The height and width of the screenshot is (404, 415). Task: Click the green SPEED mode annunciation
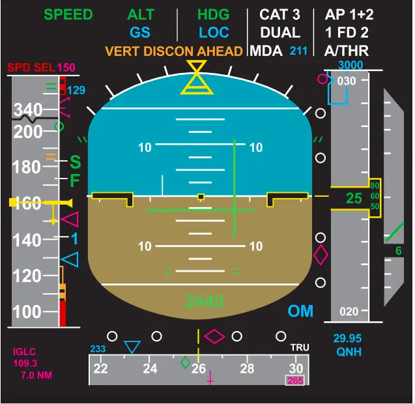[68, 14]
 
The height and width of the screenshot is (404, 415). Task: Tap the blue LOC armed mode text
[214, 33]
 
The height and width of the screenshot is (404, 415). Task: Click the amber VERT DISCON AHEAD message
[174, 51]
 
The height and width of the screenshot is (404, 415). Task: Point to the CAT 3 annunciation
[279, 14]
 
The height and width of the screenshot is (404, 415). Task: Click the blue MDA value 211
[298, 51]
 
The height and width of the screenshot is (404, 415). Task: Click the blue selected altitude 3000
[351, 65]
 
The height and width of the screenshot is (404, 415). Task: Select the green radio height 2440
[204, 301]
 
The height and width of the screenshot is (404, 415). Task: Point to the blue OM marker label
[300, 311]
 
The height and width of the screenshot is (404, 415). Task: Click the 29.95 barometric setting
[347, 339]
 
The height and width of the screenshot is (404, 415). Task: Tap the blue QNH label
[349, 352]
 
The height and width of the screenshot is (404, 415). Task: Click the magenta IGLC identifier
[25, 352]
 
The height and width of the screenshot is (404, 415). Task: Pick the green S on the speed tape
[75, 162]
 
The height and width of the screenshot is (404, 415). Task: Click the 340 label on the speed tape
[28, 109]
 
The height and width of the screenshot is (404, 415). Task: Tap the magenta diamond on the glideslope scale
[321, 255]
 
